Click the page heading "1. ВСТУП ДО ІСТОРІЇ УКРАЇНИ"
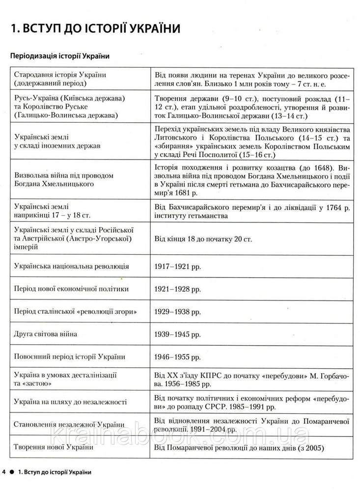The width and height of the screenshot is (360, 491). pos(96,28)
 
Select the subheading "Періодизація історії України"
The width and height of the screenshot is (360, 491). pos(59,56)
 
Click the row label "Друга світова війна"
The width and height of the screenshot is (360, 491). pos(46,334)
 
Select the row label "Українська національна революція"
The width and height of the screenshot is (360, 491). pos(72,266)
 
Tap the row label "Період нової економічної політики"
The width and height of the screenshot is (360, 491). pos(72,289)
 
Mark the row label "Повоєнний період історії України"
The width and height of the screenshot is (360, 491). pos(70,357)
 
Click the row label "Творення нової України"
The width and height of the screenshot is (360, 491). pos(54,447)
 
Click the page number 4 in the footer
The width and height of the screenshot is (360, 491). pos(4,472)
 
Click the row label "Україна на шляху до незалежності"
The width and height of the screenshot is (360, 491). pos(71,402)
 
